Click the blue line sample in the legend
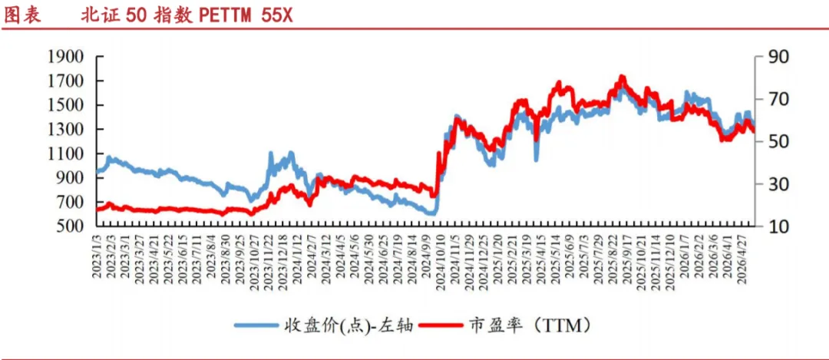pyautogui.click(x=256, y=325)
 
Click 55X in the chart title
pyautogui.click(x=276, y=15)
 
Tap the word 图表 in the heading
pyautogui.click(x=21, y=15)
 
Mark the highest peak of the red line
pyautogui.click(x=623, y=78)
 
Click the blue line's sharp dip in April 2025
pyautogui.click(x=536, y=159)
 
